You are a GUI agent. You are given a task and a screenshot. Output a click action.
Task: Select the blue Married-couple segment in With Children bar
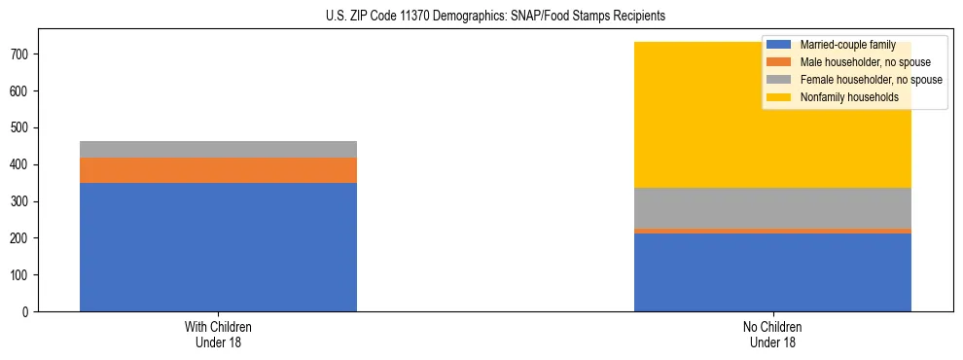218,247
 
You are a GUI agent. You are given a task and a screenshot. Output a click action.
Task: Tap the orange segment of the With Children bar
218,170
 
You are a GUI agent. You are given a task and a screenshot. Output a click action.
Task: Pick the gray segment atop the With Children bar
218,149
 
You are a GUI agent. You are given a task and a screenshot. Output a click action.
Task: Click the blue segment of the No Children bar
772,272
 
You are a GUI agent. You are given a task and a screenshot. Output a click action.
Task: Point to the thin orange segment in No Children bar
772,231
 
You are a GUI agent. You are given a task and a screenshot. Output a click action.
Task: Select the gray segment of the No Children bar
772,208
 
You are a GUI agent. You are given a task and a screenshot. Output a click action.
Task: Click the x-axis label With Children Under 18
218,334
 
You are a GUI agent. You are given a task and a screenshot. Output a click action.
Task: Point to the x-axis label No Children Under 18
772,334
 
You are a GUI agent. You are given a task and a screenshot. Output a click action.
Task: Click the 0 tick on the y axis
27,312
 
